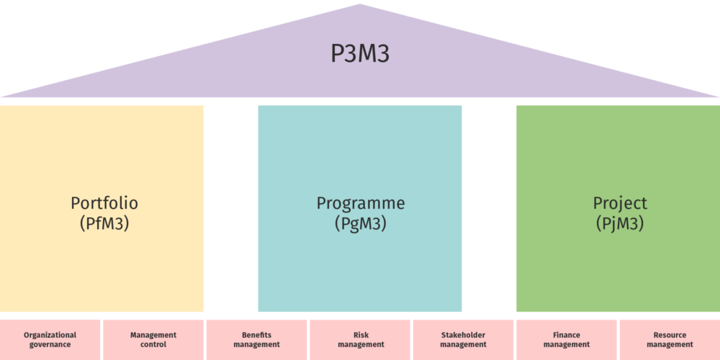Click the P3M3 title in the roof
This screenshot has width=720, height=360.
360,54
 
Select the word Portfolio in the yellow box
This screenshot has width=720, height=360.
104,203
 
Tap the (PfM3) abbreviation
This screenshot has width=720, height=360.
104,223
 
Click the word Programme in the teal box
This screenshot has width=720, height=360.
361,203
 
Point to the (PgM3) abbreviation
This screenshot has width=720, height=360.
361,223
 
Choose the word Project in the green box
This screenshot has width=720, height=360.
620,203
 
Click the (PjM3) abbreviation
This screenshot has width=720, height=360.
620,223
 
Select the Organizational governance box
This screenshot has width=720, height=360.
50,340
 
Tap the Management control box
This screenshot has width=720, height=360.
153,340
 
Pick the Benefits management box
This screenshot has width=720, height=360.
257,340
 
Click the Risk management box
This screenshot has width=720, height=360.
361,340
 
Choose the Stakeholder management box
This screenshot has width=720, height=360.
463,340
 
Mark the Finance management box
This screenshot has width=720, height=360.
567,340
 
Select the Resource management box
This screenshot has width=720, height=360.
670,340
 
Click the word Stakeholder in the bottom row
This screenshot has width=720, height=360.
463,335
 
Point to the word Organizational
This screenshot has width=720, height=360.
50,335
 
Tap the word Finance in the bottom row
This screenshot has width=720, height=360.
567,335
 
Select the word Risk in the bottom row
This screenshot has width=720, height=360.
361,335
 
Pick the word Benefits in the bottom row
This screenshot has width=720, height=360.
257,335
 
